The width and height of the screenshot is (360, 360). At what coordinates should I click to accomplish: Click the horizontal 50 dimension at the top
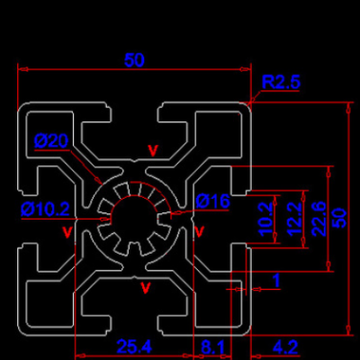point(134,60)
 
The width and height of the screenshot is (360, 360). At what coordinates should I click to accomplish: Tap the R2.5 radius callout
point(281,82)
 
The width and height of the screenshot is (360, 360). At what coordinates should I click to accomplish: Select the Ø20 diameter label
point(51,140)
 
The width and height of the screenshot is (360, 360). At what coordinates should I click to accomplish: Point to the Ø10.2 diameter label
point(45,209)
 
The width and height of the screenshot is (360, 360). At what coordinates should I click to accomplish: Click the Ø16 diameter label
point(212,201)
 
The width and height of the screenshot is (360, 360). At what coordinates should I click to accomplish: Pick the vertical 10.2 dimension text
point(265,219)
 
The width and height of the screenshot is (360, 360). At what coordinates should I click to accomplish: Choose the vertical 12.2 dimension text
point(294,219)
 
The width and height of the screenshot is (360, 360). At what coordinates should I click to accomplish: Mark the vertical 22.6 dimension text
point(319,219)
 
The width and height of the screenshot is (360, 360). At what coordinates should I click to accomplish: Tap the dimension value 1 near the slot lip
point(276,281)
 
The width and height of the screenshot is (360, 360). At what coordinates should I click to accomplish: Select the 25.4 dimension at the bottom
point(134,346)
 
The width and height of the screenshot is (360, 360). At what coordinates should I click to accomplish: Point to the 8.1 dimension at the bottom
point(212,347)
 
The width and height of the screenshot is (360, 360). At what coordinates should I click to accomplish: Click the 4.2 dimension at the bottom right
point(285,347)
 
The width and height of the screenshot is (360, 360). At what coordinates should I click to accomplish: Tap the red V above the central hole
point(153,151)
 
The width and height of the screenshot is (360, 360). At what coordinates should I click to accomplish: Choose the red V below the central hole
point(146,288)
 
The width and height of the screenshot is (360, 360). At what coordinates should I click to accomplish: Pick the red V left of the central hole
point(67,232)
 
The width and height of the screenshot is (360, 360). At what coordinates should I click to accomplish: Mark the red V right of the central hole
point(200,231)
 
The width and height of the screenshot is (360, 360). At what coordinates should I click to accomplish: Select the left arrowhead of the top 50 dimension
point(22,69)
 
